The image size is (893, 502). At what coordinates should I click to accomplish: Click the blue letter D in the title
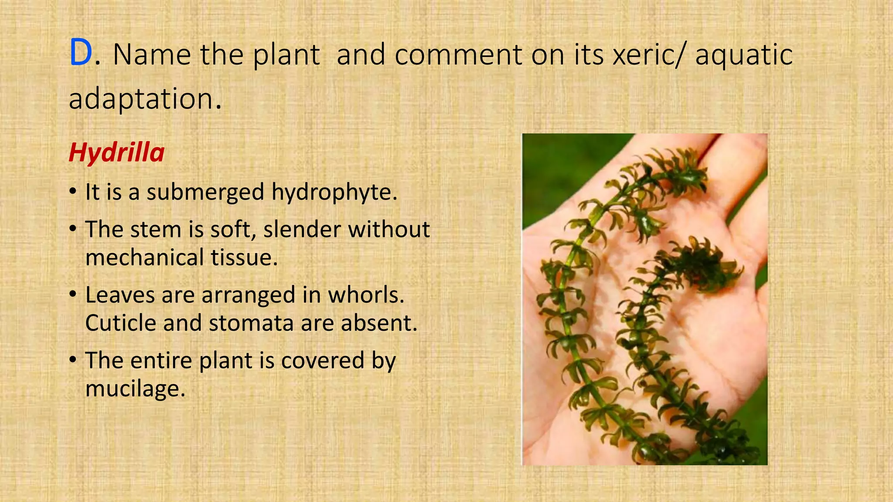coord(81,53)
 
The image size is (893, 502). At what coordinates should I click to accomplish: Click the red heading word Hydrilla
coord(116,153)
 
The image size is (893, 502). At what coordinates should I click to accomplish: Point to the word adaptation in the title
coord(140,99)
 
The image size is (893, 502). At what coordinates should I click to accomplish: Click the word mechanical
coord(145,257)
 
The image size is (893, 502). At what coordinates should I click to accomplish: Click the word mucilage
coord(135,388)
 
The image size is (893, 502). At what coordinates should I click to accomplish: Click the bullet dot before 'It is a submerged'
coord(73,193)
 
